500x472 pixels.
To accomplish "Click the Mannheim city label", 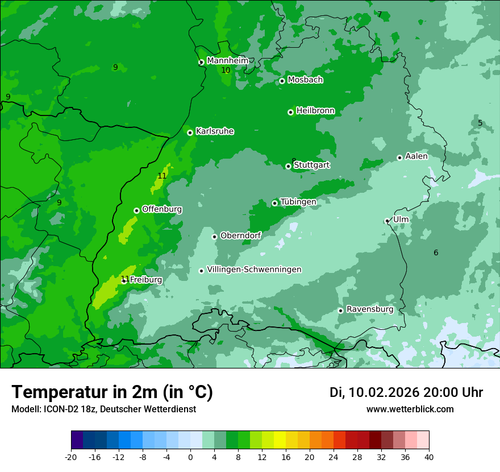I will (227, 60).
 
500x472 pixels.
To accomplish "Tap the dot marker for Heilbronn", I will (290, 112).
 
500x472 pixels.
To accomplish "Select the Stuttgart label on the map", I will (311, 165).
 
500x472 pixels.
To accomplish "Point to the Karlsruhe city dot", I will (190, 133).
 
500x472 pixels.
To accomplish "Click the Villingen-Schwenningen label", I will (254, 270).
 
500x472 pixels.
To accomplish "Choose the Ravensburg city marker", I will (340, 310).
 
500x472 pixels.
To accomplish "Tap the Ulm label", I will (401, 219).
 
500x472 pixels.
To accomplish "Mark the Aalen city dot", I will (399, 158).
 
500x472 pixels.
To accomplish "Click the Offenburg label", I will (162, 209).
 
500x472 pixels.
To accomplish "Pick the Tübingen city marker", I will (274, 203).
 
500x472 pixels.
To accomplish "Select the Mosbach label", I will (305, 80).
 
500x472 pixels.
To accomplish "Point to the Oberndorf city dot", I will (214, 237).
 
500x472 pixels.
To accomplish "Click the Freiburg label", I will (145, 280).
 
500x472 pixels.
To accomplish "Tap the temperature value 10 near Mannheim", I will (226, 70).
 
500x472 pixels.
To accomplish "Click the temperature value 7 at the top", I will (380, 14).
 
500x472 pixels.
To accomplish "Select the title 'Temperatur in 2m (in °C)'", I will (112, 392).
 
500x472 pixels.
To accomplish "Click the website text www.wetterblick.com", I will (410, 409).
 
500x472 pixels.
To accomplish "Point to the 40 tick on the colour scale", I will (429, 457).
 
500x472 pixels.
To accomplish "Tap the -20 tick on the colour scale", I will (71, 457).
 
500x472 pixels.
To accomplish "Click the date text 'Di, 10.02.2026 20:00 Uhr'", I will (406, 392).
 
